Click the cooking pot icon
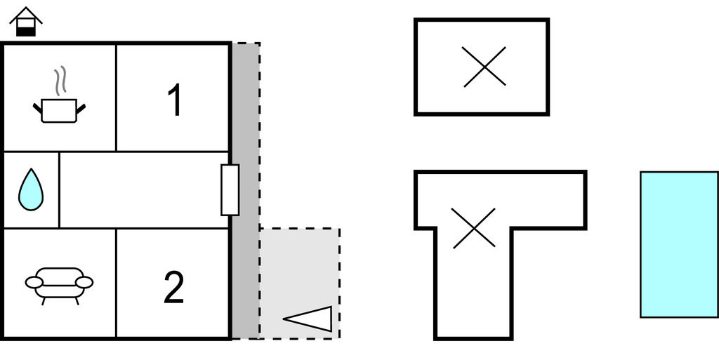pyautogui.click(x=59, y=111)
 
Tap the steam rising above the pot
pyautogui.click(x=60, y=81)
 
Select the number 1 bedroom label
pyautogui.click(x=175, y=100)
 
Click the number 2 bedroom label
pyautogui.click(x=174, y=287)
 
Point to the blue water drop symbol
pyautogui.click(x=31, y=189)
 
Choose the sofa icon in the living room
pyautogui.click(x=59, y=286)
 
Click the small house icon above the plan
pyautogui.click(x=26, y=22)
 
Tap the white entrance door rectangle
pyautogui.click(x=230, y=189)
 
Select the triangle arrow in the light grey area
pyautogui.click(x=308, y=319)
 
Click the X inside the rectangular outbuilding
pyautogui.click(x=484, y=67)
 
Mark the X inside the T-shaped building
pyautogui.click(x=474, y=228)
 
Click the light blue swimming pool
pyautogui.click(x=679, y=245)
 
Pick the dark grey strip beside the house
pyautogui.click(x=245, y=191)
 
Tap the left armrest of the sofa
pyautogui.click(x=34, y=283)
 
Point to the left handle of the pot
pyautogui.click(x=37, y=109)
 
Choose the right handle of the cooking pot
pyautogui.click(x=81, y=109)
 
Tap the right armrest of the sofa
pyautogui.click(x=84, y=283)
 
